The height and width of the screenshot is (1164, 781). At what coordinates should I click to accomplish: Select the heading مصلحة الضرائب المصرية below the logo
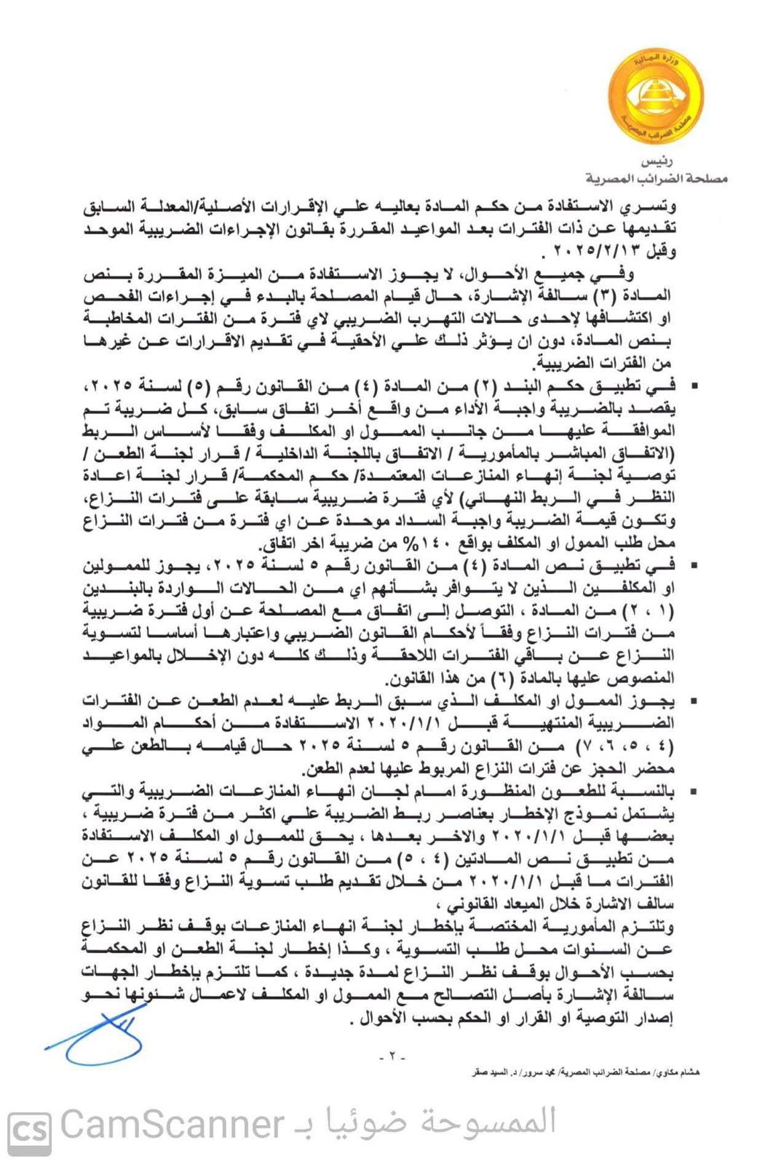(657, 178)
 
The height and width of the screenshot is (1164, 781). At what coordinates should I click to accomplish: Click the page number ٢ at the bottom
(391, 1056)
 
